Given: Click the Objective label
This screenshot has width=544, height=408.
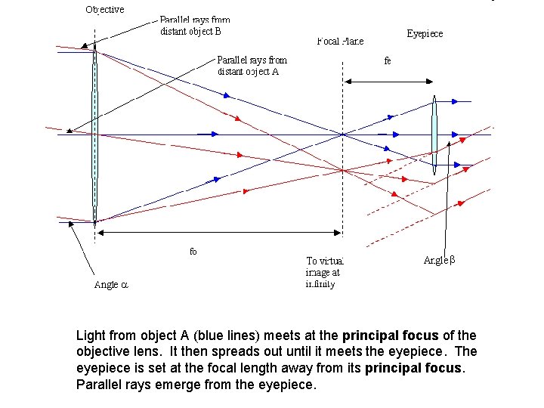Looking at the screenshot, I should tap(105, 10).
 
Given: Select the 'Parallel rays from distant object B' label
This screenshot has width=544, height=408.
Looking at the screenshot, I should tap(195, 26).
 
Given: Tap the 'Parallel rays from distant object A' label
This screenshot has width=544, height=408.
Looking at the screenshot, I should tap(252, 66).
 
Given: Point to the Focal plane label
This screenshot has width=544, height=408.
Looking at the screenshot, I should tap(340, 41).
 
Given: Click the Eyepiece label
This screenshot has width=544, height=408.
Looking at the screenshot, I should tap(425, 33).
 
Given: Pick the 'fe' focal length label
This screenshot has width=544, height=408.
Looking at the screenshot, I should tap(388, 60).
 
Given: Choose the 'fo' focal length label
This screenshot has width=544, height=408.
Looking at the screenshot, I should tap(193, 252).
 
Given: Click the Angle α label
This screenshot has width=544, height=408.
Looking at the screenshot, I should tap(112, 285).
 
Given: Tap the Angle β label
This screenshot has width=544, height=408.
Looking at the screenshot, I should tap(440, 260).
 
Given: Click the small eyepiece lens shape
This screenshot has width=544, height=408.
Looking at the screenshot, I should tap(435, 136).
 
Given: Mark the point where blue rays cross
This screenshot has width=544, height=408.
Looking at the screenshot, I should tap(344, 134).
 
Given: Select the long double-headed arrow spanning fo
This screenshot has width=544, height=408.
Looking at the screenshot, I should tap(219, 231).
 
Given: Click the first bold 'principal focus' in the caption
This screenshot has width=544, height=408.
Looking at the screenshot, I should tap(388, 335).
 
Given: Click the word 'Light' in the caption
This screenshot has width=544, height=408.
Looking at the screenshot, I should tap(92, 335).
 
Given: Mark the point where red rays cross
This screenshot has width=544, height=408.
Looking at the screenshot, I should tap(344, 170).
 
